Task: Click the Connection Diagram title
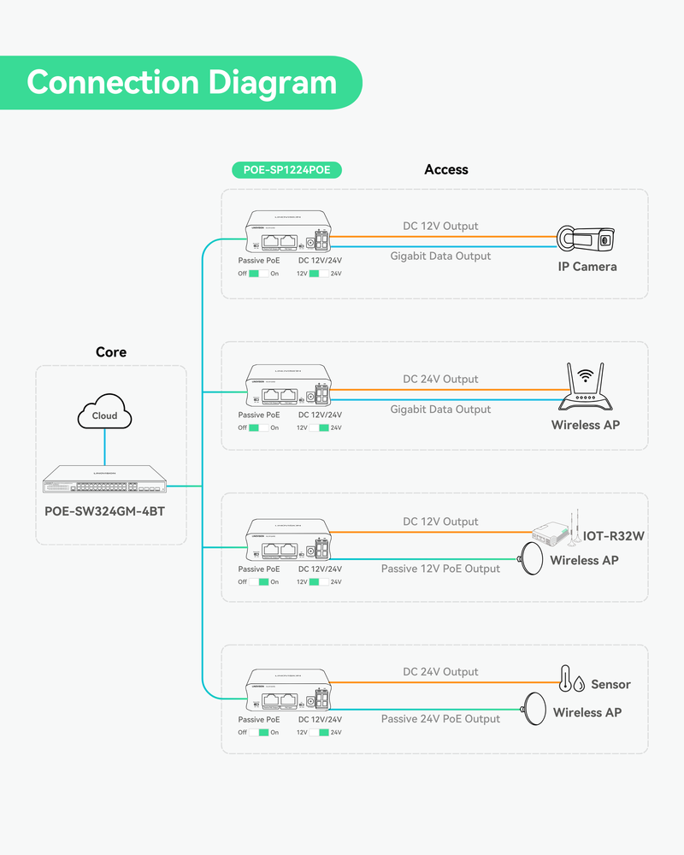181,83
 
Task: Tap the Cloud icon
104,416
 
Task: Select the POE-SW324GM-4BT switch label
105,511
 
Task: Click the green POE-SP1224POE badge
286,170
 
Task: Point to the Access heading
445,170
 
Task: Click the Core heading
111,352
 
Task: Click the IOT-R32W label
613,536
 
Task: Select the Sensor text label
610,684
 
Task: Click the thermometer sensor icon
566,678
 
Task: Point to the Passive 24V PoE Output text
440,719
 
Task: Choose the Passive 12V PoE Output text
440,569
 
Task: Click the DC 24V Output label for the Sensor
440,672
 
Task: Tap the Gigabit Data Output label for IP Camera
440,256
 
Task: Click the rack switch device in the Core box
104,481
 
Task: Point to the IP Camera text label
587,267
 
